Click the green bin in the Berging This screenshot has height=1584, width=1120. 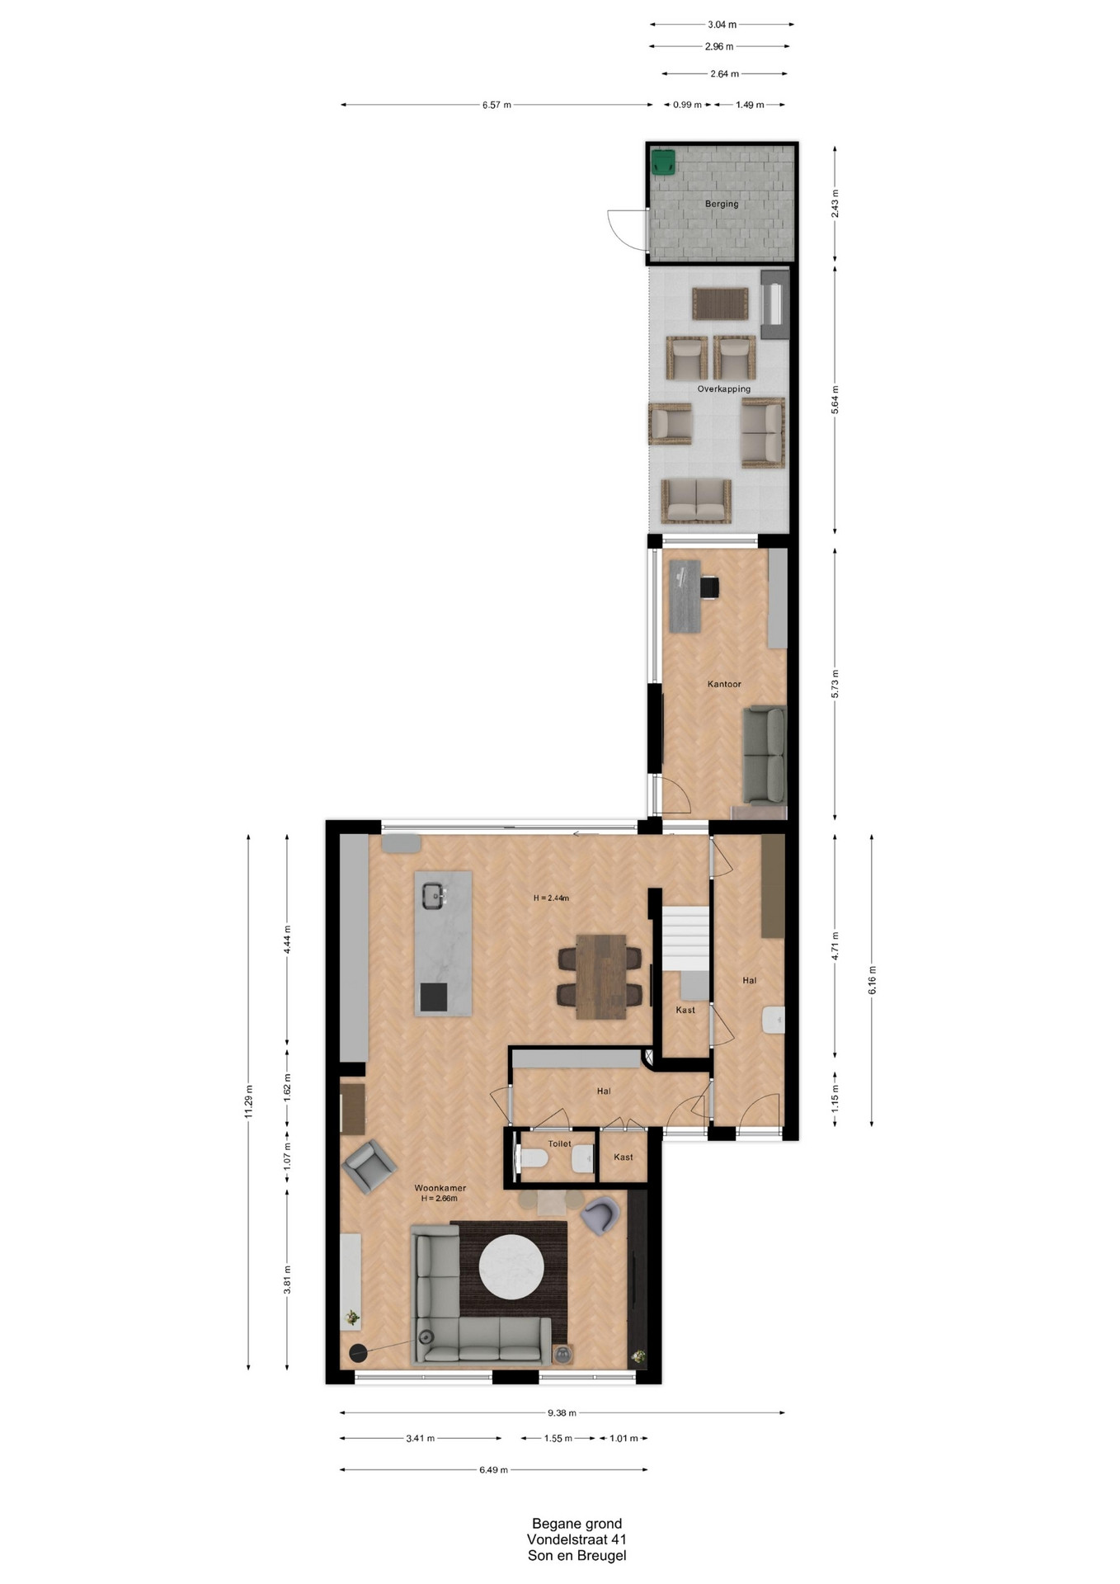pyautogui.click(x=663, y=162)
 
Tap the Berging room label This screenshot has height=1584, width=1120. pyautogui.click(x=722, y=204)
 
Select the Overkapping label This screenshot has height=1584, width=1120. pyautogui.click(x=724, y=389)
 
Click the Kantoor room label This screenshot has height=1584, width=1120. pyautogui.click(x=724, y=684)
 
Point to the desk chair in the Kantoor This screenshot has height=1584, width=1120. pyautogui.click(x=709, y=587)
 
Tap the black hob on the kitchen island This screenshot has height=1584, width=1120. pyautogui.click(x=434, y=997)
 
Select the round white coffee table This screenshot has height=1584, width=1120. pyautogui.click(x=511, y=1266)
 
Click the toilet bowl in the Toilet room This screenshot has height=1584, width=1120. pyautogui.click(x=534, y=1158)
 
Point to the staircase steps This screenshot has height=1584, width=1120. pyautogui.click(x=687, y=939)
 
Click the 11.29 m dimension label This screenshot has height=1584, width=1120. pyautogui.click(x=248, y=1101)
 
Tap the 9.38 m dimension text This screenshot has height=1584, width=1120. pyautogui.click(x=562, y=1412)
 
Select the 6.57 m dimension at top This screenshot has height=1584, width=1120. pyautogui.click(x=496, y=105)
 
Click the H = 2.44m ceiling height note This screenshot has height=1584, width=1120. pyautogui.click(x=551, y=898)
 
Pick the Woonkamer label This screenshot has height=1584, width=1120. pyautogui.click(x=440, y=1188)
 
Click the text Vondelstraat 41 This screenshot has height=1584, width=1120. pyautogui.click(x=576, y=1539)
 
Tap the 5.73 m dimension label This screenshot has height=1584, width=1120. pyautogui.click(x=835, y=684)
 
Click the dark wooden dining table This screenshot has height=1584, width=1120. pyautogui.click(x=600, y=977)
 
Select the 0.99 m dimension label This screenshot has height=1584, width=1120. pyautogui.click(x=687, y=105)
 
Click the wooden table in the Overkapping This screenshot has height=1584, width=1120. pyautogui.click(x=720, y=304)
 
